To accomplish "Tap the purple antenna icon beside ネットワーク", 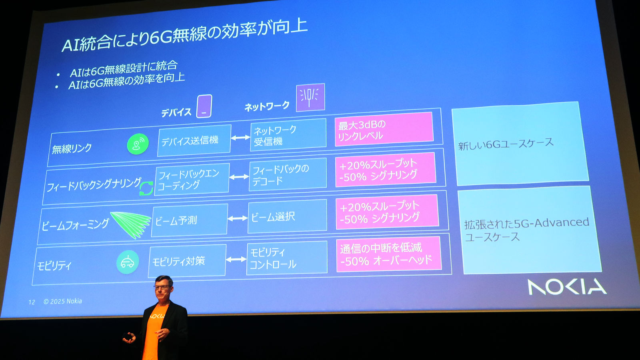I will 310,97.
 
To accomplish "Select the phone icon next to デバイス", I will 204,106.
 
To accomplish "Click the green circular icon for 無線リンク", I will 138,144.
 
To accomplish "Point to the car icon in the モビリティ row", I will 128,262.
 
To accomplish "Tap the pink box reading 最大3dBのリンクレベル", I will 384,129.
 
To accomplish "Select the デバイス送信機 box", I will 194,140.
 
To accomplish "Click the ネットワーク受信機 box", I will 288,135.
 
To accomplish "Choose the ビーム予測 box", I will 189,220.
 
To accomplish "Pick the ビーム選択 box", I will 287,216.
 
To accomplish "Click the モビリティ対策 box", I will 187,261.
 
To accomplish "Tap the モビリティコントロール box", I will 287,258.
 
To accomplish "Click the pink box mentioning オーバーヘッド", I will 388,254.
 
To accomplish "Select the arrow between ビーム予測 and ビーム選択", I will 238,218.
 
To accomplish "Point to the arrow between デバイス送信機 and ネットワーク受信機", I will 240,138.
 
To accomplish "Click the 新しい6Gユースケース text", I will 506,144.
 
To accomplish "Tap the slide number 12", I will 32,302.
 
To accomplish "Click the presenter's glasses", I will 162,286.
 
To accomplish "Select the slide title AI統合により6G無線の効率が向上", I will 184,36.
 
